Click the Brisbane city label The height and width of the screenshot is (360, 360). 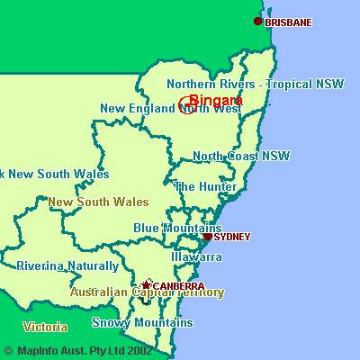289,22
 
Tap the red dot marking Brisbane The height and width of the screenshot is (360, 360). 258,22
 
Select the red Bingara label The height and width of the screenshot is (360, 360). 216,101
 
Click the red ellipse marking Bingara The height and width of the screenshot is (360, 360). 188,104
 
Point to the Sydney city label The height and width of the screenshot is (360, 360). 232,237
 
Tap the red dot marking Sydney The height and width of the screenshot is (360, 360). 208,237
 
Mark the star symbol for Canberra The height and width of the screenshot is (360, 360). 147,284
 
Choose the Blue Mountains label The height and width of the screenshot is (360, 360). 177,228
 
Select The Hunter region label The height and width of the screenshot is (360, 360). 205,186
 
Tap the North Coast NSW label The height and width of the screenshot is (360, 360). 241,156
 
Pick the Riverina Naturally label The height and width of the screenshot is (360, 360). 67,266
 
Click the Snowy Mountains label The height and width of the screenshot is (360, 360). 142,322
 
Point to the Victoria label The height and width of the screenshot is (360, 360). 45,326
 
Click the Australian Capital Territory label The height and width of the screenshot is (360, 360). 148,292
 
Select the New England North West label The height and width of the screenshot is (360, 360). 170,109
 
